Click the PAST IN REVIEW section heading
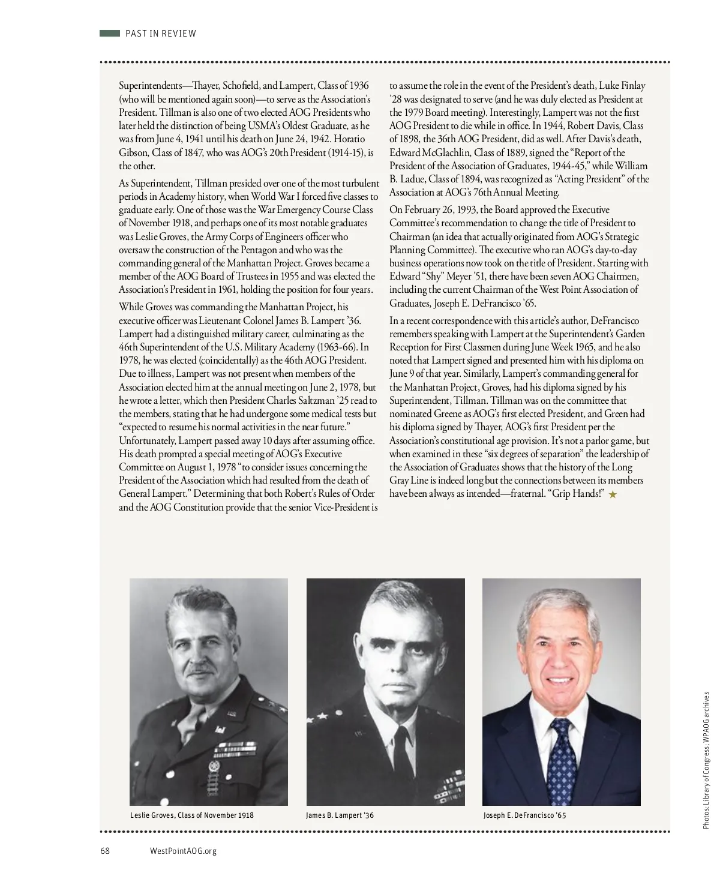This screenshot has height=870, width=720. pyautogui.click(x=160, y=34)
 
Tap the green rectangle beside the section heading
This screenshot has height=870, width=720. pyautogui.click(x=110, y=34)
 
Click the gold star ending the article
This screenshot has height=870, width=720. pyautogui.click(x=613, y=494)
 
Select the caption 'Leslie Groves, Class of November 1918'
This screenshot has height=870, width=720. pyautogui.click(x=192, y=815)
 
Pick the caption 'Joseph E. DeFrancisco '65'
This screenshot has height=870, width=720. pyautogui.click(x=524, y=815)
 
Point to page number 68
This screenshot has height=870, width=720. pyautogui.click(x=105, y=851)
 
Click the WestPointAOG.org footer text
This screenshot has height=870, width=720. pyautogui.click(x=183, y=851)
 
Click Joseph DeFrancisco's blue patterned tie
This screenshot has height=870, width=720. pyautogui.click(x=562, y=759)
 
